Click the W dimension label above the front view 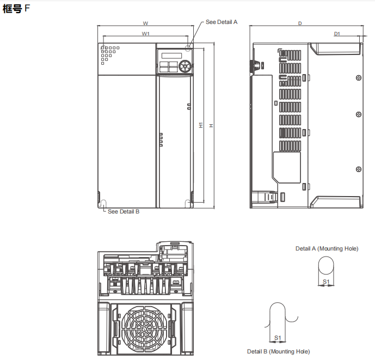click(145, 23)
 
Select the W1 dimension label click(145, 34)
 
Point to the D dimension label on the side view click(300, 23)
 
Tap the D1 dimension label click(337, 34)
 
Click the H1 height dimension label click(201, 125)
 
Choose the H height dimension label click(211, 125)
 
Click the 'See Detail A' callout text click(222, 22)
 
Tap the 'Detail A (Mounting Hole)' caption click(327, 248)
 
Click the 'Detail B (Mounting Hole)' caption click(278, 351)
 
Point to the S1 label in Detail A click(326, 281)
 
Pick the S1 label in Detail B click(278, 338)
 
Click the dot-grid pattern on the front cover click(108, 53)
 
